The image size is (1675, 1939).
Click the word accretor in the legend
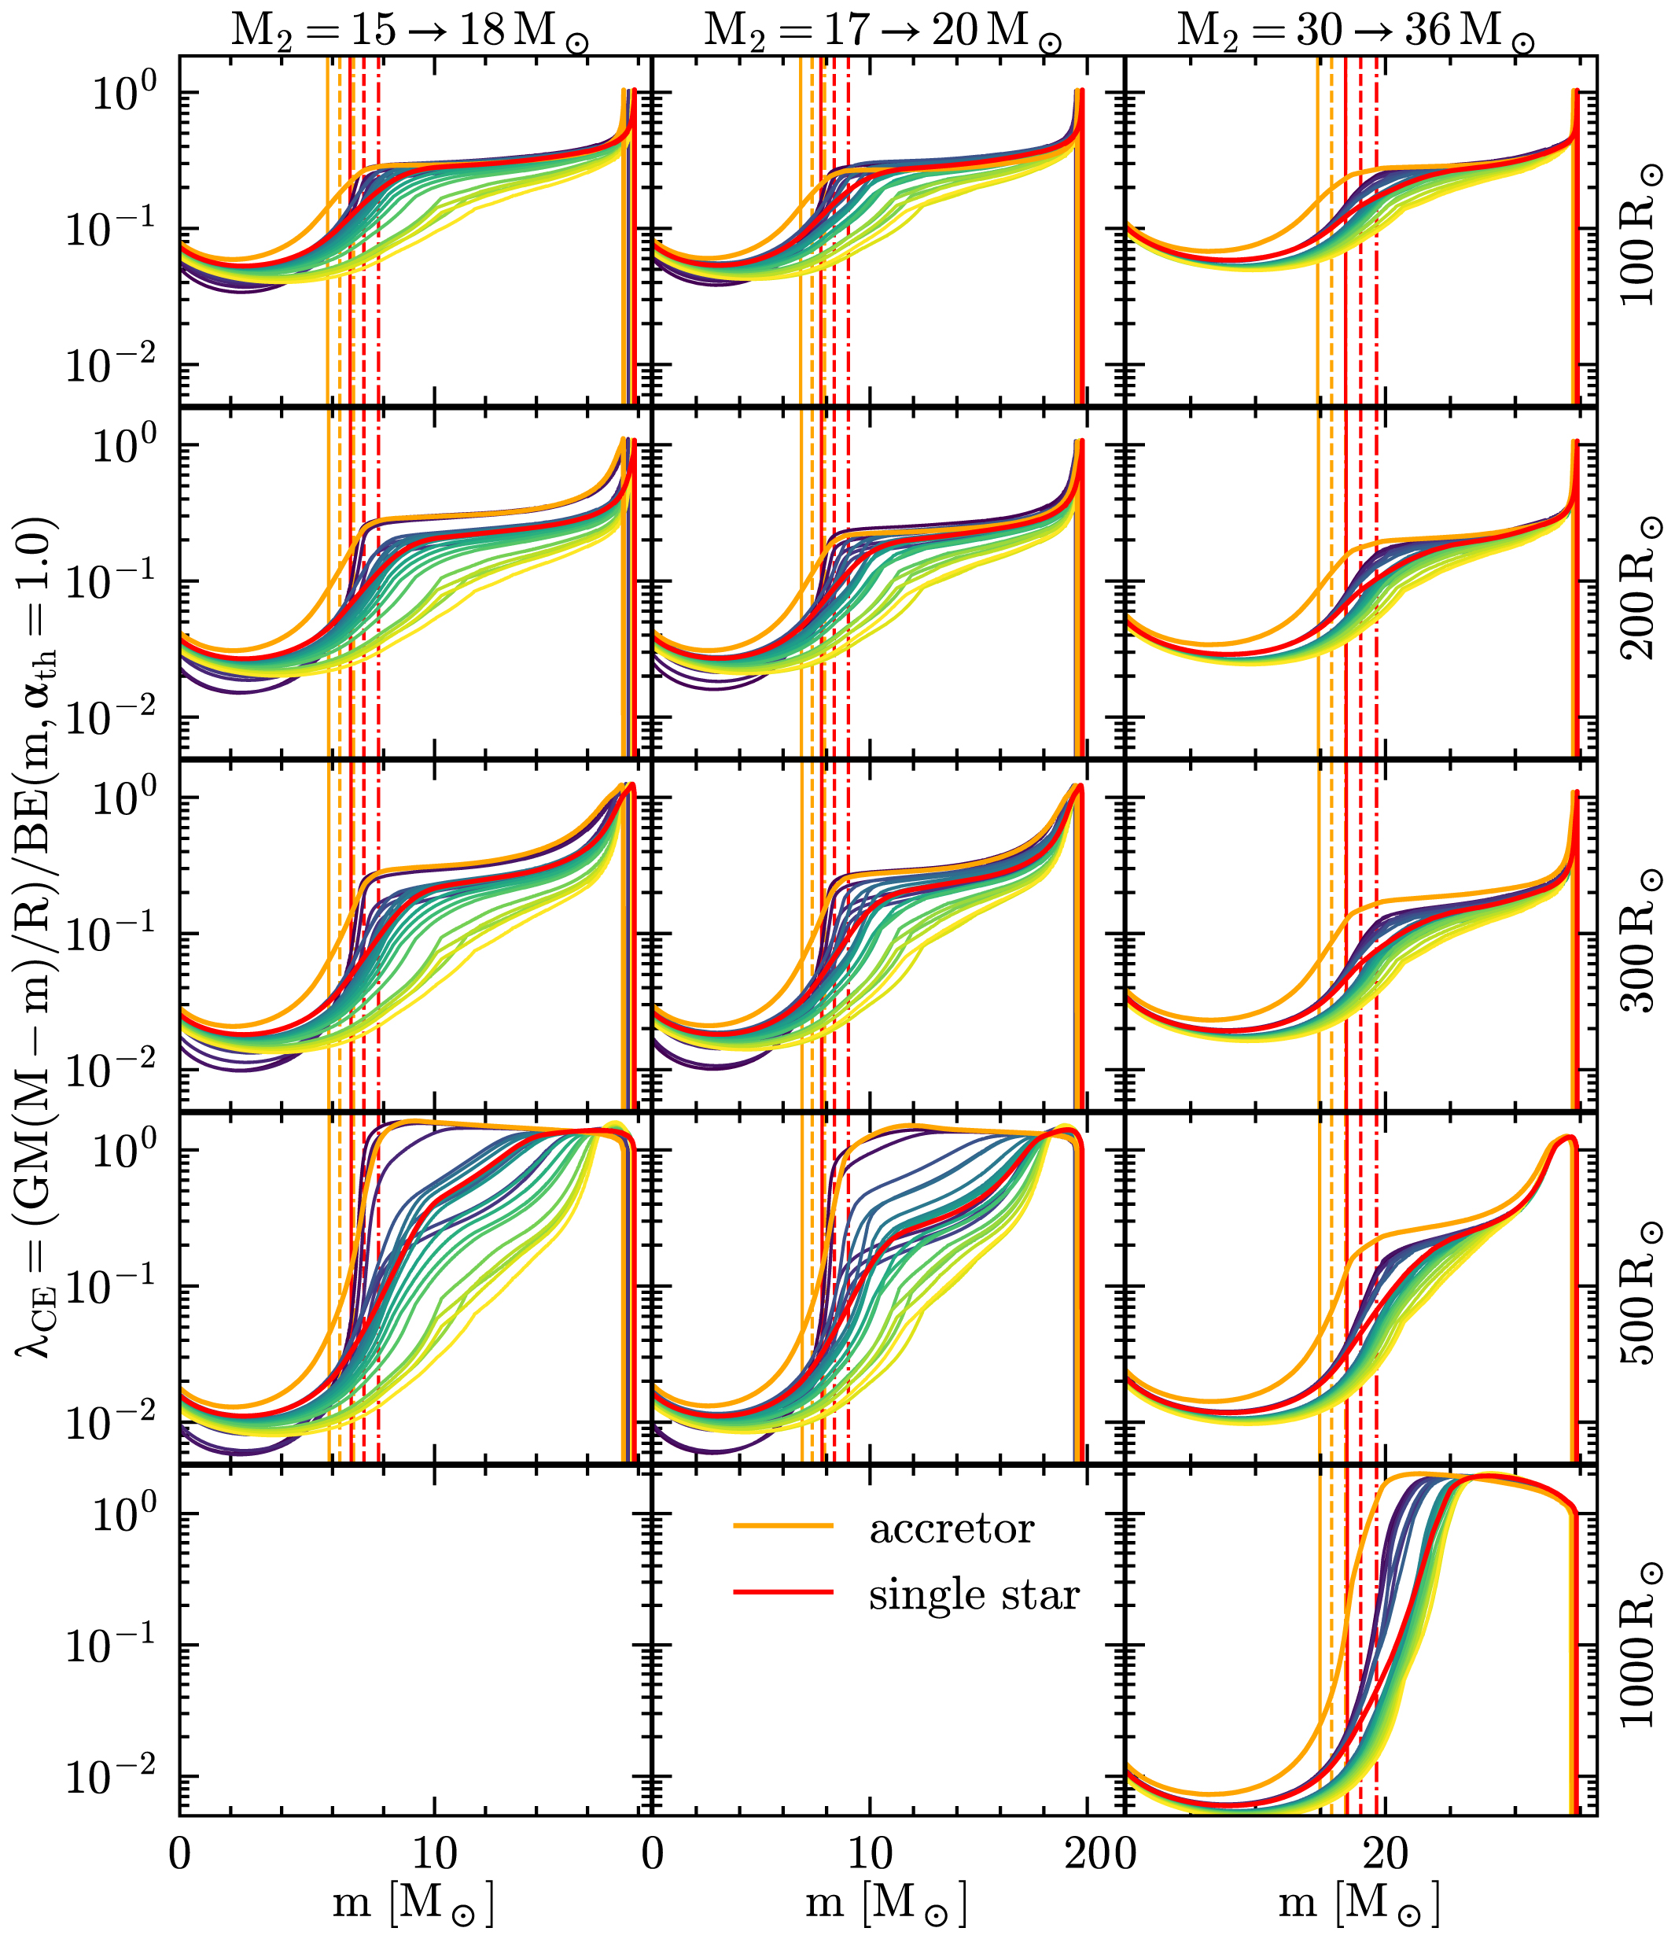(952, 1529)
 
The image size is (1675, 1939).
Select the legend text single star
(974, 1594)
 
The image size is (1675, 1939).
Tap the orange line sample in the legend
(783, 1526)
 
